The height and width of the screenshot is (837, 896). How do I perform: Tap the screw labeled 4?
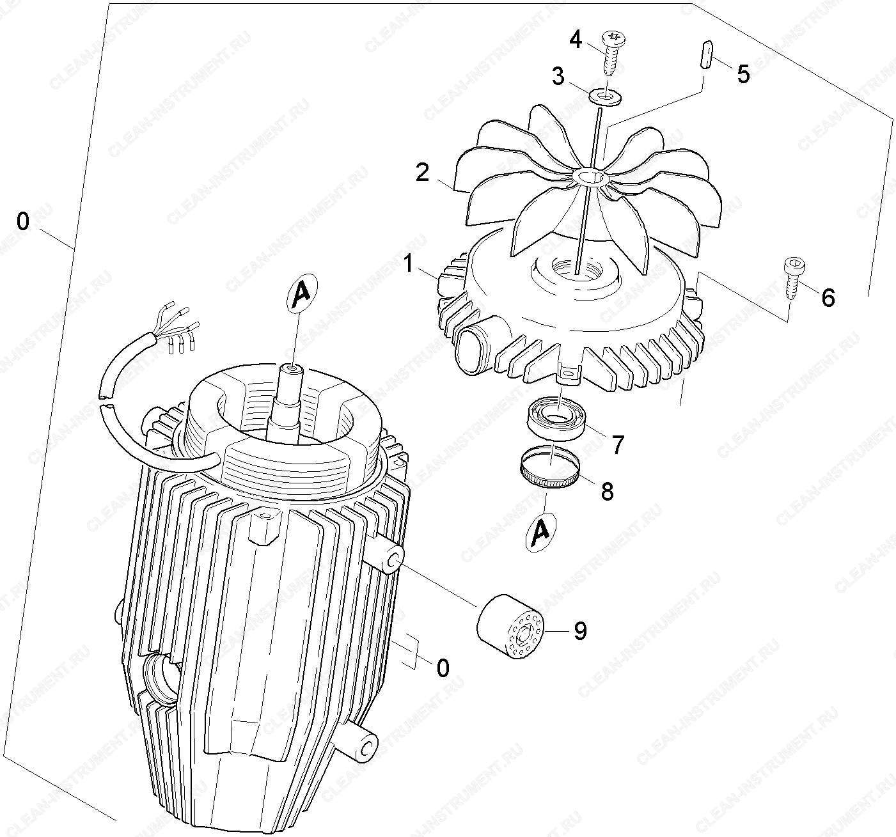(x=611, y=53)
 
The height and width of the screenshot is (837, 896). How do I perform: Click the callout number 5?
(x=743, y=74)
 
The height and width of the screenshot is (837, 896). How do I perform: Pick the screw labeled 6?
(x=794, y=278)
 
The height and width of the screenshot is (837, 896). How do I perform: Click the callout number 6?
(x=828, y=298)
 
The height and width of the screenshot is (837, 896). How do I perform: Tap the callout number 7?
(x=617, y=445)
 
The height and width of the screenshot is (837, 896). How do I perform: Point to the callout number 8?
(x=608, y=491)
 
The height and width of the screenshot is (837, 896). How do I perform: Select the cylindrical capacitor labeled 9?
(x=510, y=626)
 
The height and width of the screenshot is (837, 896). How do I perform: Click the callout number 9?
(x=580, y=631)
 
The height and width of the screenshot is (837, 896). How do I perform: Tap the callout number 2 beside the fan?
(x=422, y=173)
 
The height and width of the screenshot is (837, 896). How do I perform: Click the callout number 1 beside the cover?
(x=409, y=264)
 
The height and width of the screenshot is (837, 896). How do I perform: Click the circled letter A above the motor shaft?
(x=303, y=293)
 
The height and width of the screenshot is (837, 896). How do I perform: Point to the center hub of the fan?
(x=590, y=176)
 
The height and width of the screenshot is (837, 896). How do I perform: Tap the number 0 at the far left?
(x=22, y=221)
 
